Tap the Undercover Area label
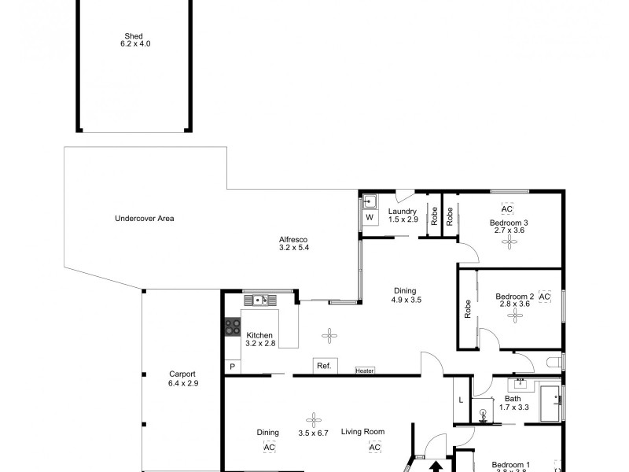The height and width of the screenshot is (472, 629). coord(144,218)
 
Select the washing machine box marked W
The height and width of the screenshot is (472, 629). coord(369,218)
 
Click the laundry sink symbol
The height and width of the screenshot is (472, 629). coord(369,201)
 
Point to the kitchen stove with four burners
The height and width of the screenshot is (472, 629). coord(232,326)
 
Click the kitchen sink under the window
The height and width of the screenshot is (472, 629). coord(261,300)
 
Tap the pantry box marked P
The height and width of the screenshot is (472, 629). coord(232,367)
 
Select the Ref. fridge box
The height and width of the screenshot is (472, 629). coord(323,366)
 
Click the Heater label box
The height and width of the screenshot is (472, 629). coord(365,371)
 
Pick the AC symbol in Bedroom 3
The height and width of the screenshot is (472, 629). coord(507,209)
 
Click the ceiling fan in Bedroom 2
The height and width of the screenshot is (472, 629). coord(516,315)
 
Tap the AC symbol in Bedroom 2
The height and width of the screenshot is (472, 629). coord(545,297)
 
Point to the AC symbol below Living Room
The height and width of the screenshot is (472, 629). coord(375,448)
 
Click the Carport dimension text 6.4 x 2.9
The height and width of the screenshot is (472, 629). coord(182,384)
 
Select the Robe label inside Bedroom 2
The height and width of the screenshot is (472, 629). coord(468,308)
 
